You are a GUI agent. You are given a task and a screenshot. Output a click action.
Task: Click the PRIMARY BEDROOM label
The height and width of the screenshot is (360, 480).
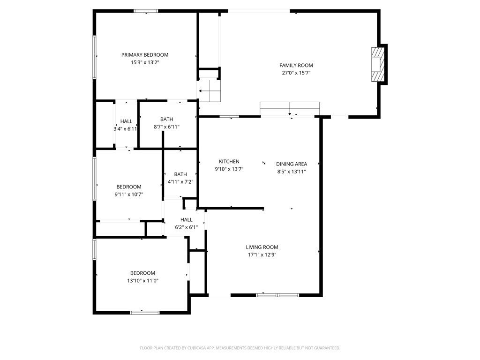[145, 55]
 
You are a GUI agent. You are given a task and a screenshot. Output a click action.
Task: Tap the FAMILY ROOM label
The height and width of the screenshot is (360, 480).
[296, 65]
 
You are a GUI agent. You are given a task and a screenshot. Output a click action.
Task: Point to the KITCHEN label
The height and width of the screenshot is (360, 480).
[229, 161]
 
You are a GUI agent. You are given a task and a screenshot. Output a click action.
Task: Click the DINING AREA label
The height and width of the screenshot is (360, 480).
[291, 164]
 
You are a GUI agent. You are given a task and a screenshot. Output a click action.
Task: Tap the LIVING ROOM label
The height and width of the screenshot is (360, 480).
[262, 247]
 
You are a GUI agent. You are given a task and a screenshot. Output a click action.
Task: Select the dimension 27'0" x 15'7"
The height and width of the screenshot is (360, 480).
[296, 73]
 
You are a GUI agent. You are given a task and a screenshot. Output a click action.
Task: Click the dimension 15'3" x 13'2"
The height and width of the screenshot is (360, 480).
[145, 62]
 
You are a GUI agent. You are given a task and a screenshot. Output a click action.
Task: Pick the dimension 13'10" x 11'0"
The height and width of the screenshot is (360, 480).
[142, 281]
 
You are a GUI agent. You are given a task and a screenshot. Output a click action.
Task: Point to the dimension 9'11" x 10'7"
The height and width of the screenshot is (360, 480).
[129, 194]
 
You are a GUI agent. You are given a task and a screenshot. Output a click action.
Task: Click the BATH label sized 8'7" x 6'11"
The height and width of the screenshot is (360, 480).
[166, 119]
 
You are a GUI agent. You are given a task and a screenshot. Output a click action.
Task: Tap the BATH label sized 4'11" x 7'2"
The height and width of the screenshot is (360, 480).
[180, 174]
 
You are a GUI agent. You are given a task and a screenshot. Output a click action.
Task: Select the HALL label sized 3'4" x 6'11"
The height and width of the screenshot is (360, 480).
[126, 121]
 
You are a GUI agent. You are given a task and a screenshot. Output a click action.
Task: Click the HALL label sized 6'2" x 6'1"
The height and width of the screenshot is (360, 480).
[186, 219]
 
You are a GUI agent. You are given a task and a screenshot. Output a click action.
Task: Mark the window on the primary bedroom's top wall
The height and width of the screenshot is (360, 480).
[146, 11]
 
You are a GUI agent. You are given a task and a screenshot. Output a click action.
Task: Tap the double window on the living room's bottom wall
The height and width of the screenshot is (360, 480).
[277, 295]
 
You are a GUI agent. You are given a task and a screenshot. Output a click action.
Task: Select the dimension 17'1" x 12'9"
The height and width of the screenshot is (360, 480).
[262, 255]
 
